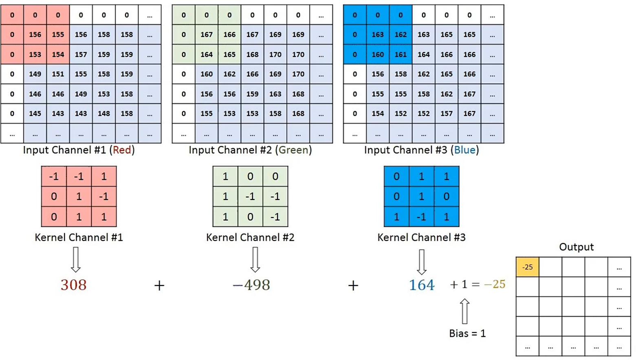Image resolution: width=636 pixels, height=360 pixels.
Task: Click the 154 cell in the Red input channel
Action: [x=58, y=55]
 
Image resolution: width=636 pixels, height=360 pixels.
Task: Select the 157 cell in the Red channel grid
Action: [x=81, y=55]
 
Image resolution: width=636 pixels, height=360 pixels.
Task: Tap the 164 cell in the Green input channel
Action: [x=207, y=55]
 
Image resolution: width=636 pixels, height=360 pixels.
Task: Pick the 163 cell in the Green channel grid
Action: [x=275, y=94]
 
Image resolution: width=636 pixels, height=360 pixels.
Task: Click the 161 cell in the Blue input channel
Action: [x=401, y=55]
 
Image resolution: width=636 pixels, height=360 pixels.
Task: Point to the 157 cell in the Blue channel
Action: [x=447, y=114]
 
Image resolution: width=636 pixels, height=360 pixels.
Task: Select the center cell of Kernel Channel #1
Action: [x=79, y=197]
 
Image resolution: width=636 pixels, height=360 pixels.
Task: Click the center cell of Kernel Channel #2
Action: [x=250, y=197]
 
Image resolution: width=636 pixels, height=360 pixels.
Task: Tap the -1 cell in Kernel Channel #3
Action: [x=421, y=217]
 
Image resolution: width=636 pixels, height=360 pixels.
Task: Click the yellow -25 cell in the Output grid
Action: [x=528, y=267]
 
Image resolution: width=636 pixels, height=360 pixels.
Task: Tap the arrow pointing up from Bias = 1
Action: [x=464, y=311]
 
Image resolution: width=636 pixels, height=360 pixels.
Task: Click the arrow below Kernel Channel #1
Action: [x=76, y=260]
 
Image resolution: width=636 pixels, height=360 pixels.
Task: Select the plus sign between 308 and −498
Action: [x=159, y=285]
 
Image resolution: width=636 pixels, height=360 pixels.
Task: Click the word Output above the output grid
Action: [x=576, y=247]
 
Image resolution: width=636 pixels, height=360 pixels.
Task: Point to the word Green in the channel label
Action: [x=293, y=150]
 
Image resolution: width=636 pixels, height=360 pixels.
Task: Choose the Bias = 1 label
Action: [x=467, y=334]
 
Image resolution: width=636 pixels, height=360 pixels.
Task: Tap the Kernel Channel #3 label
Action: [x=421, y=237]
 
